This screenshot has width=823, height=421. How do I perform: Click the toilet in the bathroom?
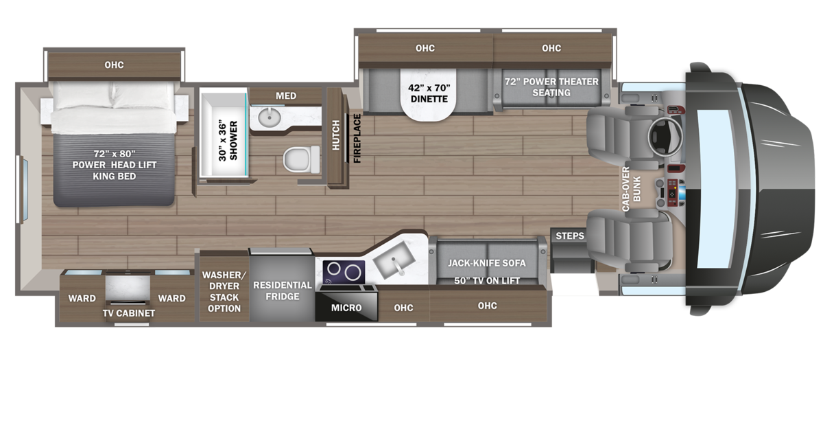[301, 159]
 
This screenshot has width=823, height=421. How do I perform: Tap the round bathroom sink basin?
[270, 117]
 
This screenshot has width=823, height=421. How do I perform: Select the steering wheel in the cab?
[665, 137]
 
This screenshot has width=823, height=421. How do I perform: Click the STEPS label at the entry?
[569, 236]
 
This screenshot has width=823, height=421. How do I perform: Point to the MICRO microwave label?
[346, 308]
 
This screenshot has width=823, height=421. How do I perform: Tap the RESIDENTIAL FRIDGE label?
[282, 291]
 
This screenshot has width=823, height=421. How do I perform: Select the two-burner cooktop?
[344, 273]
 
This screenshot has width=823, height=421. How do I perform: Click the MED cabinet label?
[286, 95]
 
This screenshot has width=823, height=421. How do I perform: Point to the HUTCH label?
[336, 135]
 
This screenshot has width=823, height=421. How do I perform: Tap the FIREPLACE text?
[357, 138]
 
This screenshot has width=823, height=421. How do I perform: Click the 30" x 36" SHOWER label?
[228, 141]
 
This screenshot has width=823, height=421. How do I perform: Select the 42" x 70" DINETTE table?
[429, 95]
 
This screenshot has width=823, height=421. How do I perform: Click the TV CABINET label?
[129, 313]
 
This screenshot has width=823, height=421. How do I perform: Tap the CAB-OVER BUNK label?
[631, 189]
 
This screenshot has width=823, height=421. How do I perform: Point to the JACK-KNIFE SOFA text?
[486, 263]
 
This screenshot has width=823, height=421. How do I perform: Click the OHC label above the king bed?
[114, 65]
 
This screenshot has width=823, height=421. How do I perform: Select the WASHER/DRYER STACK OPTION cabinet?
[224, 287]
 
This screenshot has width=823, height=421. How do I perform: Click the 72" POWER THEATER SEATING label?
[551, 87]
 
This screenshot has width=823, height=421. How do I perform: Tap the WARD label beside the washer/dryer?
[171, 299]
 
